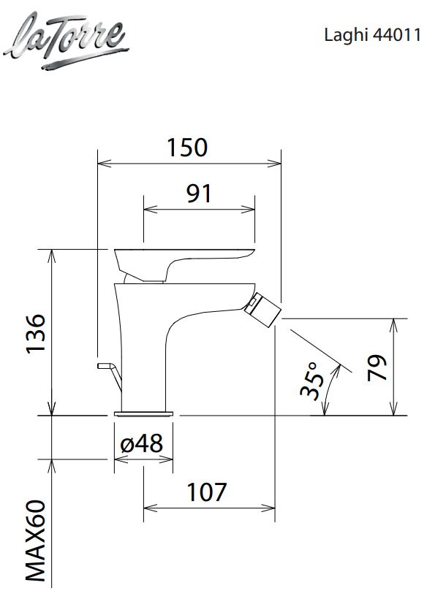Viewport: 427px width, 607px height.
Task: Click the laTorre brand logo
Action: pyautogui.click(x=66, y=41)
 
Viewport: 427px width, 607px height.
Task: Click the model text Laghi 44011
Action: pyautogui.click(x=372, y=35)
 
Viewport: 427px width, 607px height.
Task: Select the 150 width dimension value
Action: pyautogui.click(x=187, y=148)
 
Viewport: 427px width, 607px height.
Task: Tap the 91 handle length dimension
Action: pyautogui.click(x=199, y=194)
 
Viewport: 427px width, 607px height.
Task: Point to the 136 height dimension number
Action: pyautogui.click(x=36, y=333)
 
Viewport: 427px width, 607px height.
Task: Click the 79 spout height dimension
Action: pyautogui.click(x=377, y=367)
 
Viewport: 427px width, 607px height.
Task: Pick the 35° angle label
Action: pyautogui.click(x=311, y=381)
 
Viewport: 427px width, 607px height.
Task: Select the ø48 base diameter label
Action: pyautogui.click(x=141, y=443)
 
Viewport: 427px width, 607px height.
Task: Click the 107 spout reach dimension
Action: pyautogui.click(x=206, y=492)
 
